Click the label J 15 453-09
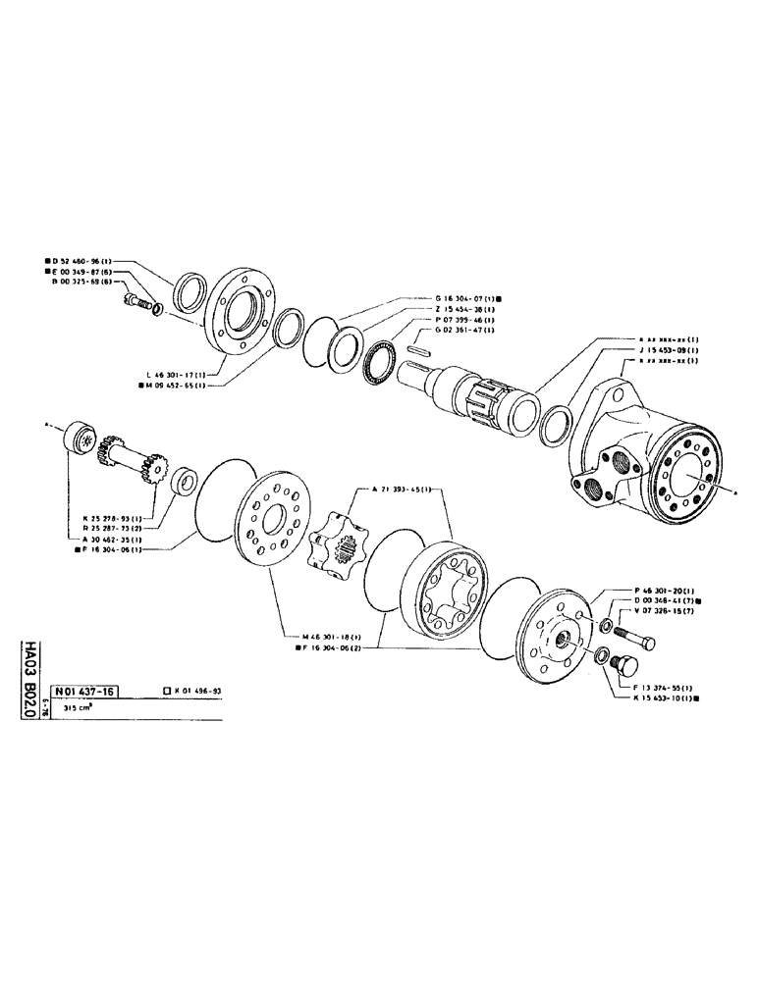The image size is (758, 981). [x=667, y=350]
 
